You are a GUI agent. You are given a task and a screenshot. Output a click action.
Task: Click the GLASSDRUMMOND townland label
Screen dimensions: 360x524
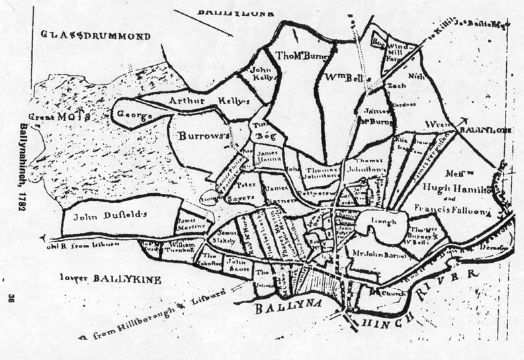95,35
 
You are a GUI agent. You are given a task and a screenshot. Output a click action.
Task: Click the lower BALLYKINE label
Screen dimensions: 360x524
110,279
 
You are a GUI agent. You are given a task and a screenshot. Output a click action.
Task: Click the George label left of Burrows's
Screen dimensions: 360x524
134,115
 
